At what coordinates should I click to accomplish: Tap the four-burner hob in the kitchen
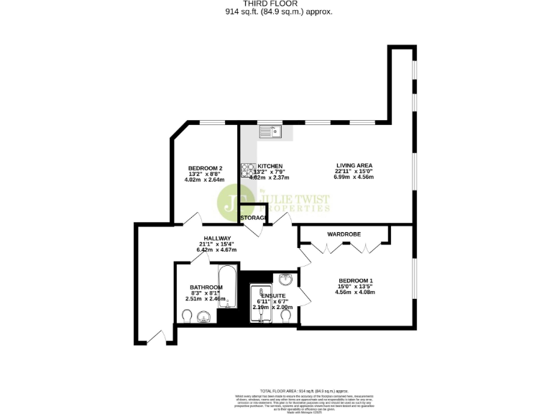coord(249,170)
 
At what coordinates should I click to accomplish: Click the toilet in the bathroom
coord(188,317)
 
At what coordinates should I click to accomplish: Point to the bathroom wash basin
coord(204,316)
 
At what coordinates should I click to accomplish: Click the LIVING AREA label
coord(354,165)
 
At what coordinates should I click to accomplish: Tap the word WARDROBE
coord(344,234)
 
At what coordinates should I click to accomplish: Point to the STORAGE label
coord(253,217)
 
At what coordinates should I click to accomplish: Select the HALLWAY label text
coord(217,238)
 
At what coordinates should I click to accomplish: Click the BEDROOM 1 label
coord(356,280)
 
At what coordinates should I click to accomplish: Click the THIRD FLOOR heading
coord(276,4)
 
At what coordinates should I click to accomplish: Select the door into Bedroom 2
coord(191,219)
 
